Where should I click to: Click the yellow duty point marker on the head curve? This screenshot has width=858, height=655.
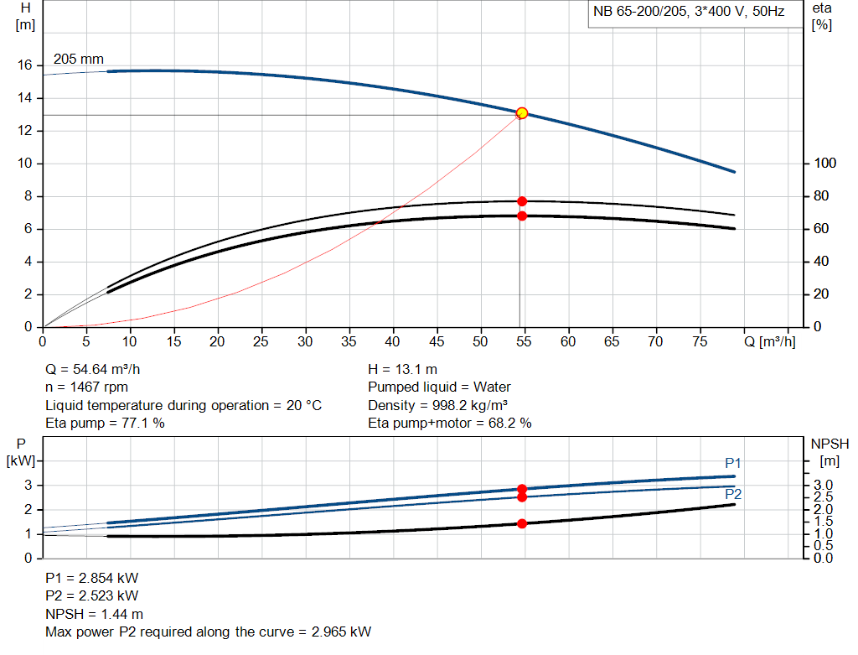click(x=522, y=113)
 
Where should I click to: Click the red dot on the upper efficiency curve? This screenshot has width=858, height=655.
click(x=522, y=201)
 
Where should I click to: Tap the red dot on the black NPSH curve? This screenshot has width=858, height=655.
click(x=522, y=523)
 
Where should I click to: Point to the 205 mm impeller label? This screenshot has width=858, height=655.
click(x=79, y=60)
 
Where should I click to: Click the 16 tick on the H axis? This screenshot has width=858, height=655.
click(x=25, y=65)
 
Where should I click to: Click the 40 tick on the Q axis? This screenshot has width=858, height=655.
click(x=393, y=341)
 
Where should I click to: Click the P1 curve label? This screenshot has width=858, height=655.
click(x=733, y=464)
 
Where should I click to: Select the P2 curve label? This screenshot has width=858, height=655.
click(x=733, y=495)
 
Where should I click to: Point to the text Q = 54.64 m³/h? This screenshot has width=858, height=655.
click(x=99, y=369)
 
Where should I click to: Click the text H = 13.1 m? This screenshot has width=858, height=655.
click(x=402, y=369)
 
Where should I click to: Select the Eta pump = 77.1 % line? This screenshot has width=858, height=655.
click(x=105, y=424)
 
